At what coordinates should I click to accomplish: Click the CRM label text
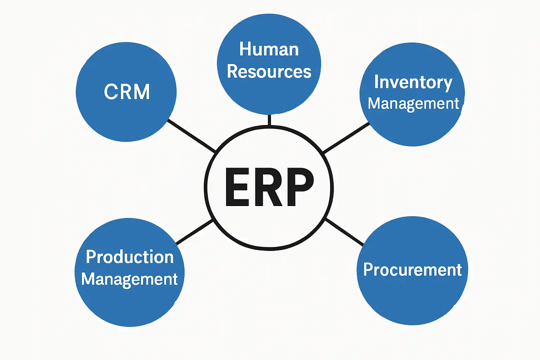point(127,92)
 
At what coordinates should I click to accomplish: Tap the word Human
point(269,49)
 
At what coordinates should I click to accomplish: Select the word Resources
point(269,71)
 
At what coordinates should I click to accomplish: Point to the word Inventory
point(413,82)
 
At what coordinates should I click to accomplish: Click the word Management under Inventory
point(413,104)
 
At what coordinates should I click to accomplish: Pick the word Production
point(130,257)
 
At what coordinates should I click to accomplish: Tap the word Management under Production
point(129,279)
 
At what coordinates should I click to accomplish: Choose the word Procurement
point(412,270)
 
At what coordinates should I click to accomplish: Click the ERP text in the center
point(269,187)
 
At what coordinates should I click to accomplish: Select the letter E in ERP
point(237,187)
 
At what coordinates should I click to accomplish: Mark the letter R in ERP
point(269,187)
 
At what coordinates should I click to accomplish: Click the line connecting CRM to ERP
point(192,135)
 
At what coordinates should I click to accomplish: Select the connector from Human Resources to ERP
point(269,120)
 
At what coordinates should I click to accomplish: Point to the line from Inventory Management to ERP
point(346,138)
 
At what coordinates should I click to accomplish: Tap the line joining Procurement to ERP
point(345,232)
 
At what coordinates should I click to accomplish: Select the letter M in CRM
point(142,92)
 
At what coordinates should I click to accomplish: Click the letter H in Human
point(245,49)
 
